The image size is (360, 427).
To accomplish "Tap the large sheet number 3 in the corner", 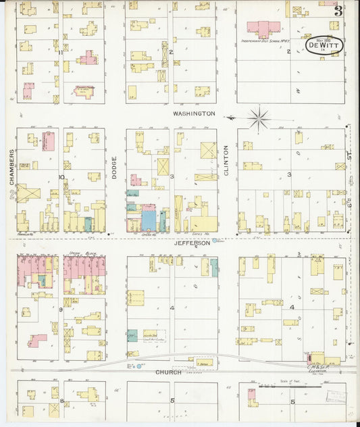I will pyautogui.click(x=337, y=10).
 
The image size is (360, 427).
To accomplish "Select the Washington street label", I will pyautogui.click(x=193, y=114).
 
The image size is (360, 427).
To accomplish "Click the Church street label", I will pyautogui.click(x=168, y=372).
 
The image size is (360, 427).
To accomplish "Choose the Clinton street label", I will pyautogui.click(x=226, y=163).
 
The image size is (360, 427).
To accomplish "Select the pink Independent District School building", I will pyautogui.click(x=263, y=29).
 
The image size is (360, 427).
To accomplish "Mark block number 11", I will pyautogui.click(x=61, y=52).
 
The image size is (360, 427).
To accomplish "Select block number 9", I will pyautogui.click(x=61, y=309).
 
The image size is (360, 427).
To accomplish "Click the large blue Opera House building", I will pyautogui.click(x=148, y=220).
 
